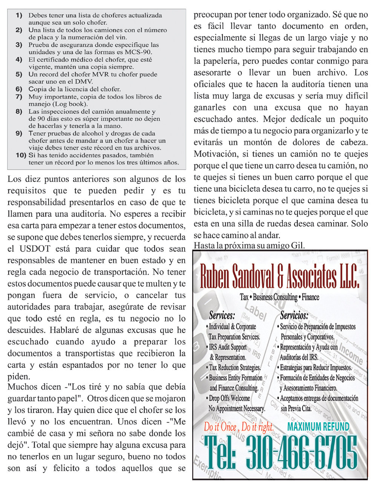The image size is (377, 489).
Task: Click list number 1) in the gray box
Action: pos(19,15)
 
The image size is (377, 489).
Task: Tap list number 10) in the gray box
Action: pos(21,155)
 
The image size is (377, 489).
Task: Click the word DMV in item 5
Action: pos(85,82)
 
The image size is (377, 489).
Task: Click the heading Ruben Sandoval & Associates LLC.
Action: pos(279,276)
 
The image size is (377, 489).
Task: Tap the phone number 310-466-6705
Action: pos(302,454)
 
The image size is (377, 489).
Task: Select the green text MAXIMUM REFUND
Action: pos(318,427)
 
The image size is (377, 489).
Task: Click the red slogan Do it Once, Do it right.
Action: pos(239,427)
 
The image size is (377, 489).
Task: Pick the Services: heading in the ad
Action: pos(222,315)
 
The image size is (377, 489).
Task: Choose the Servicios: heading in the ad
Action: pos(294,315)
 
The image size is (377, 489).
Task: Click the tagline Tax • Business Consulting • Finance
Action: pos(279,297)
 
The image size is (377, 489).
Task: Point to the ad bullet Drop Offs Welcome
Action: pos(229,398)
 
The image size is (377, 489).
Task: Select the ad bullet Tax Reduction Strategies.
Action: pos(234,368)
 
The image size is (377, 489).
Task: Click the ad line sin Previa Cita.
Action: pos(296,408)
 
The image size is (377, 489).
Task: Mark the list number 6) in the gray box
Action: pos(19,89)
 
